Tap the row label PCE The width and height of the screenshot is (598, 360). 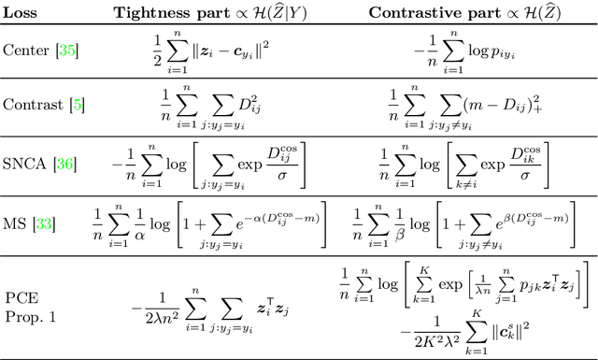18,300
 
